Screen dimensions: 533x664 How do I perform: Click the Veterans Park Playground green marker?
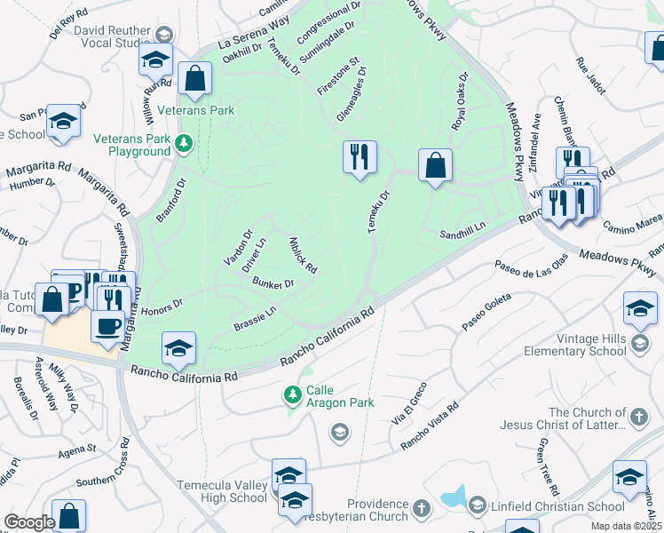click(184, 143)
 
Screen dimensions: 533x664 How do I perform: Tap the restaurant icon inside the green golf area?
click(360, 157)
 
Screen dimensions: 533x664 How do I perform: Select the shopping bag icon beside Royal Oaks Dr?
click(435, 165)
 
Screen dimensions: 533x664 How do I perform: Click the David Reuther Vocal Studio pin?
click(162, 34)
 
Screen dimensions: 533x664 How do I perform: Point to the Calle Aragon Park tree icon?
click(292, 394)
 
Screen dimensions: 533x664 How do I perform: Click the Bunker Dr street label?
click(273, 283)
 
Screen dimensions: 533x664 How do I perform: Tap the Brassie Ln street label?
click(255, 314)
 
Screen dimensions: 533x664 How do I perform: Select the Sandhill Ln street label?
click(462, 229)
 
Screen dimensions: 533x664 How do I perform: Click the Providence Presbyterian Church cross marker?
click(421, 508)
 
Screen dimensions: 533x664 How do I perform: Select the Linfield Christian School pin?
click(477, 506)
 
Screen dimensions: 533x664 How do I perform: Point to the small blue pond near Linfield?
click(454, 497)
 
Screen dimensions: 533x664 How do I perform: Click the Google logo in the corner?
click(29, 522)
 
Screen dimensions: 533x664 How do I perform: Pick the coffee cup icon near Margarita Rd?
click(107, 326)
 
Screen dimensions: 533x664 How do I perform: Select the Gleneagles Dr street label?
click(352, 94)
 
